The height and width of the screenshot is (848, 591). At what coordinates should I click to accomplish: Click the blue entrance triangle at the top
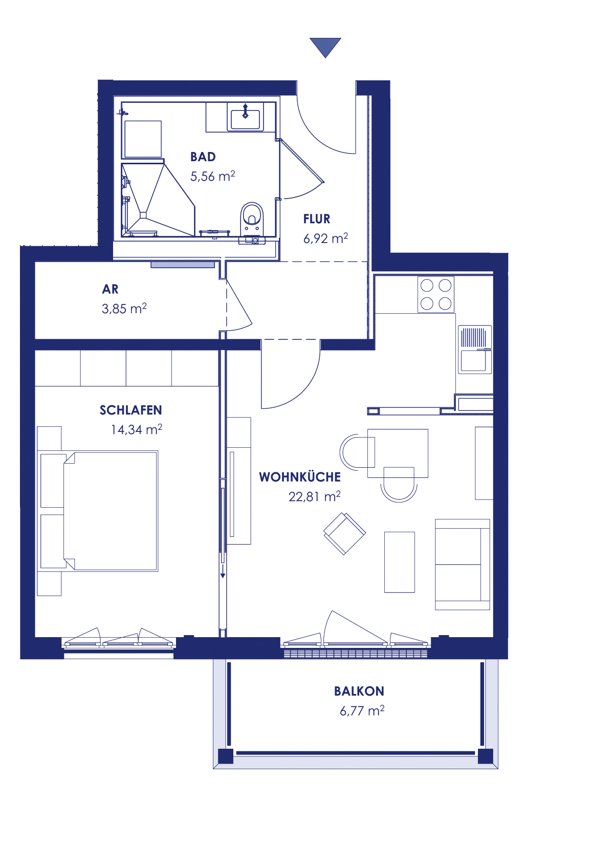pyautogui.click(x=325, y=46)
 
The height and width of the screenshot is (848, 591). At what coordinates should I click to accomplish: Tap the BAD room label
pyautogui.click(x=203, y=157)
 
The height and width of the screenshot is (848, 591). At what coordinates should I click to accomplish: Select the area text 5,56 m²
pyautogui.click(x=212, y=177)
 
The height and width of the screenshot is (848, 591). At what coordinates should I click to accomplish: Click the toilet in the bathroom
pyautogui.click(x=251, y=217)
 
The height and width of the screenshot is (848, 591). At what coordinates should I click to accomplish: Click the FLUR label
pyautogui.click(x=317, y=219)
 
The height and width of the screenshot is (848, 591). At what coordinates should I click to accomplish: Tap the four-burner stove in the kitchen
pyautogui.click(x=436, y=294)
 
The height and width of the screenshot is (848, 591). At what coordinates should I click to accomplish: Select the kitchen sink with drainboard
pyautogui.click(x=474, y=349)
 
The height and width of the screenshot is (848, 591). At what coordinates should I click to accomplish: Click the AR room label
pyautogui.click(x=110, y=290)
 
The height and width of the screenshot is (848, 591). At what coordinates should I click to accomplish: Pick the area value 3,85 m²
pyautogui.click(x=124, y=309)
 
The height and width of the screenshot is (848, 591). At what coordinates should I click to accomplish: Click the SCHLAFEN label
pyautogui.click(x=130, y=410)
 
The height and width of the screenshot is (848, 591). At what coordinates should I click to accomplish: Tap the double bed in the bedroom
pyautogui.click(x=102, y=510)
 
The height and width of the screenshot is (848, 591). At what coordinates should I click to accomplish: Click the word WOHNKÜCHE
pyautogui.click(x=300, y=477)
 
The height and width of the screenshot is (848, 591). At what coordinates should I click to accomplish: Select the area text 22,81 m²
pyautogui.click(x=314, y=497)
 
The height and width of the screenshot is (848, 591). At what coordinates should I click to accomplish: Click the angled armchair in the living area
pyautogui.click(x=344, y=533)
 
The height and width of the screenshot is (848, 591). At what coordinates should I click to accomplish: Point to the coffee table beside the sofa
pyautogui.click(x=399, y=562)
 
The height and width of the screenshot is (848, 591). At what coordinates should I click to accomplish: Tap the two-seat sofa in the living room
pyautogui.click(x=462, y=564)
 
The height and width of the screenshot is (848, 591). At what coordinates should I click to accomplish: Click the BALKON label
pyautogui.click(x=359, y=691)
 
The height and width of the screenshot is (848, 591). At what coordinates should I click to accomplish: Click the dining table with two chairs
pyautogui.click(x=397, y=453)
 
